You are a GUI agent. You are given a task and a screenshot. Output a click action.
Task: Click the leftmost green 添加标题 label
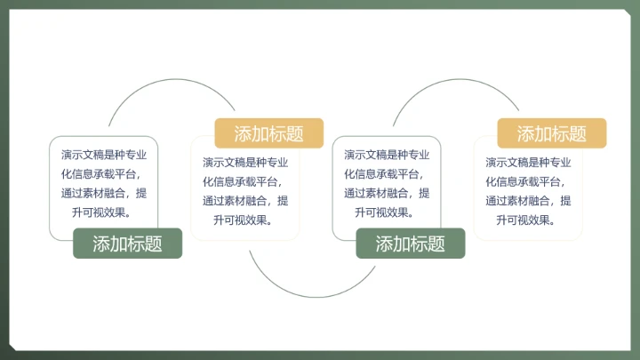tap(127, 244)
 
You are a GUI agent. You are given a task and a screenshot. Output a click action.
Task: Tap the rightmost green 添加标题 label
tap(411, 244)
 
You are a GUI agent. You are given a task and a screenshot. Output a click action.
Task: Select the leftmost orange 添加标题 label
tap(268, 134)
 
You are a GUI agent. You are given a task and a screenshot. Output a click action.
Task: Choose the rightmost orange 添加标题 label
tap(552, 134)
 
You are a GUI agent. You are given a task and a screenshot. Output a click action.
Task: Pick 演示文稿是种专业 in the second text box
tap(245, 162)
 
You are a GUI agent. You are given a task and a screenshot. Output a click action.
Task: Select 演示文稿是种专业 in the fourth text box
tap(528, 162)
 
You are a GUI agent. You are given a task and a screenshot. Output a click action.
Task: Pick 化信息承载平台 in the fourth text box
tap(524, 181)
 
